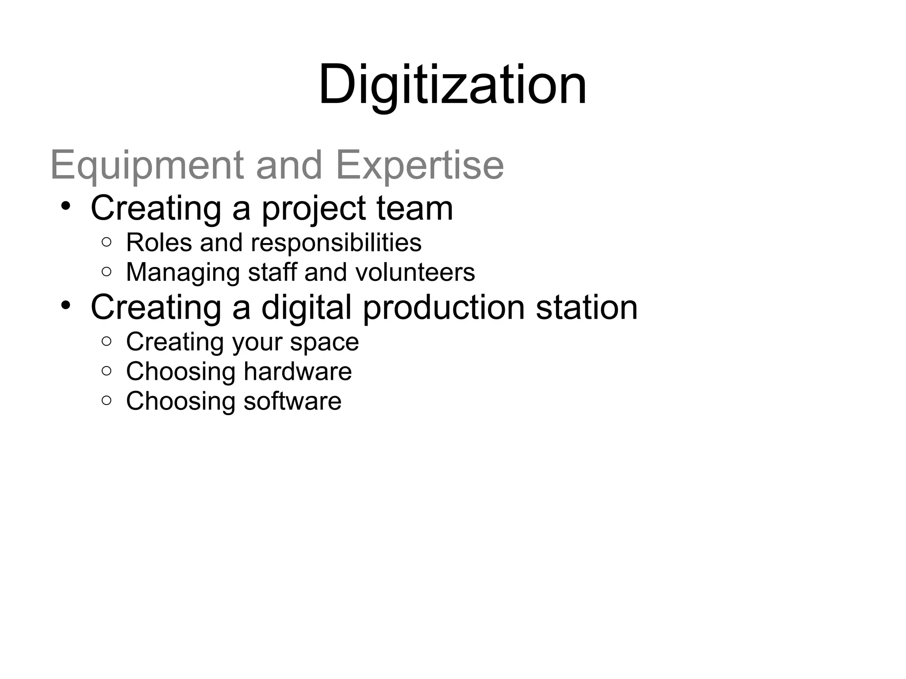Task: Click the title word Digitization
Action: [452, 84]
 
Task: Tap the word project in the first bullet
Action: [314, 209]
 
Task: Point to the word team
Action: [415, 209]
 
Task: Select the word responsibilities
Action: [336, 243]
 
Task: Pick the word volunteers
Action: [415, 272]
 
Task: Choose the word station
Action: [587, 308]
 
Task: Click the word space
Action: [324, 343]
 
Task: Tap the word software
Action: [292, 401]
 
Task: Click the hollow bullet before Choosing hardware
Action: [106, 371]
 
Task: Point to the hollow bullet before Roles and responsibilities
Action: [106, 242]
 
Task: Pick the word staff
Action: [272, 272]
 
